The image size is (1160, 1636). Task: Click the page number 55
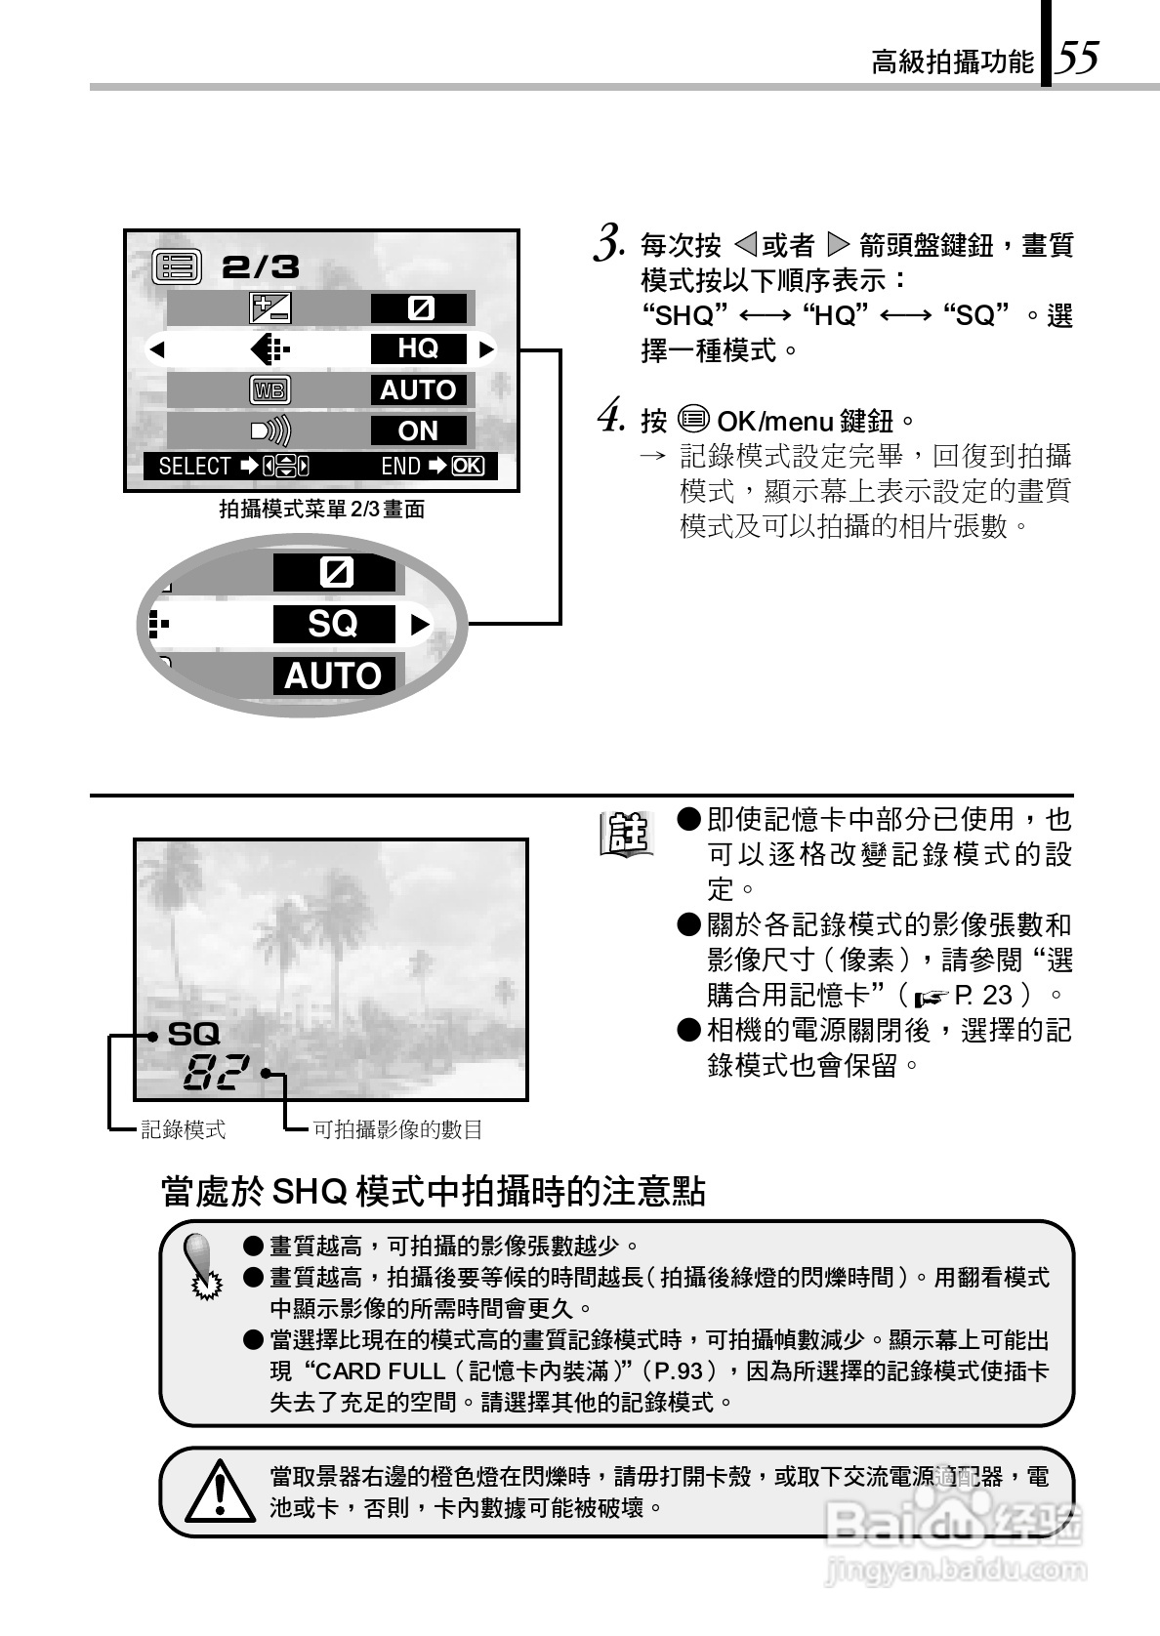1079,59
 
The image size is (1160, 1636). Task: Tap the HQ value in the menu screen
418,348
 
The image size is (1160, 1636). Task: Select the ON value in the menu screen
418,430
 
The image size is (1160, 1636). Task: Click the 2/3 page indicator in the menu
260,267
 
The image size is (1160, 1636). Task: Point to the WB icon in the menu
269,390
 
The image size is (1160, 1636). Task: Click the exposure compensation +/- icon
270,308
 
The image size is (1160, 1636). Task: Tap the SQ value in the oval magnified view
333,624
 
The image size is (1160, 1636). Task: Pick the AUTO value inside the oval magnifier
333,675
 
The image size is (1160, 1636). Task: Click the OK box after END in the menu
468,467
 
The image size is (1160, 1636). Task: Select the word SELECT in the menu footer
194,467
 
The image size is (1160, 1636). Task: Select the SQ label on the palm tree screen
193,1034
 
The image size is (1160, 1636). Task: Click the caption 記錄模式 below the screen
184,1129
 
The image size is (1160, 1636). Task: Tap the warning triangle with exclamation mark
221,1491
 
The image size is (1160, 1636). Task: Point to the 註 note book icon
625,835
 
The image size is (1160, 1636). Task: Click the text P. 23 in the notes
984,995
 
